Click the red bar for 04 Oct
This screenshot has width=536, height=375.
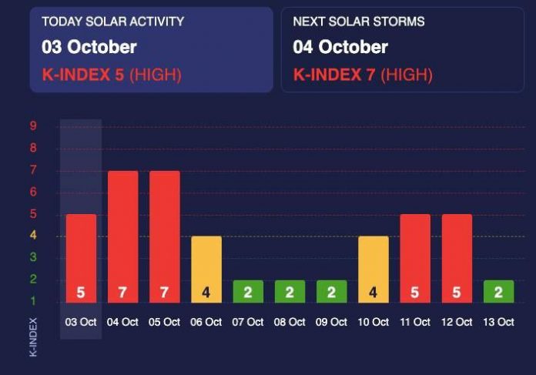[123, 231]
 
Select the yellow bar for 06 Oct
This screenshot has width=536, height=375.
[206, 266]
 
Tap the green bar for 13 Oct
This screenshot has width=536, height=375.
[499, 291]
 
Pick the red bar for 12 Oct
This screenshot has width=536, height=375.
[457, 254]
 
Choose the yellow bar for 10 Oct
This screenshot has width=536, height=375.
[374, 266]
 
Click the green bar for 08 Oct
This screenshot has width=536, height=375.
[290, 291]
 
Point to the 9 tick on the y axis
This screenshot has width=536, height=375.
[33, 126]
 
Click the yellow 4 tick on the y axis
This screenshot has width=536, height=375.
[33, 236]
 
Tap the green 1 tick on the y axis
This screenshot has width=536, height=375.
[33, 300]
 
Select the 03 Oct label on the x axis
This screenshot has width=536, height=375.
[81, 322]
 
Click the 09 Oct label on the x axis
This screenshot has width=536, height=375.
[332, 322]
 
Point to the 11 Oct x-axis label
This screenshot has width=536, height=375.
[415, 322]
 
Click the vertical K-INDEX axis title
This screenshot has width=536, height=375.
[33, 336]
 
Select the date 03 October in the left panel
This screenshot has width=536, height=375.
[89, 47]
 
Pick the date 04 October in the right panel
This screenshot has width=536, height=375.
[340, 47]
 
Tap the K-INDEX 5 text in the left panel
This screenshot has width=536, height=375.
[83, 75]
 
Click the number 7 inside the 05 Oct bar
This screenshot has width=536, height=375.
[165, 293]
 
